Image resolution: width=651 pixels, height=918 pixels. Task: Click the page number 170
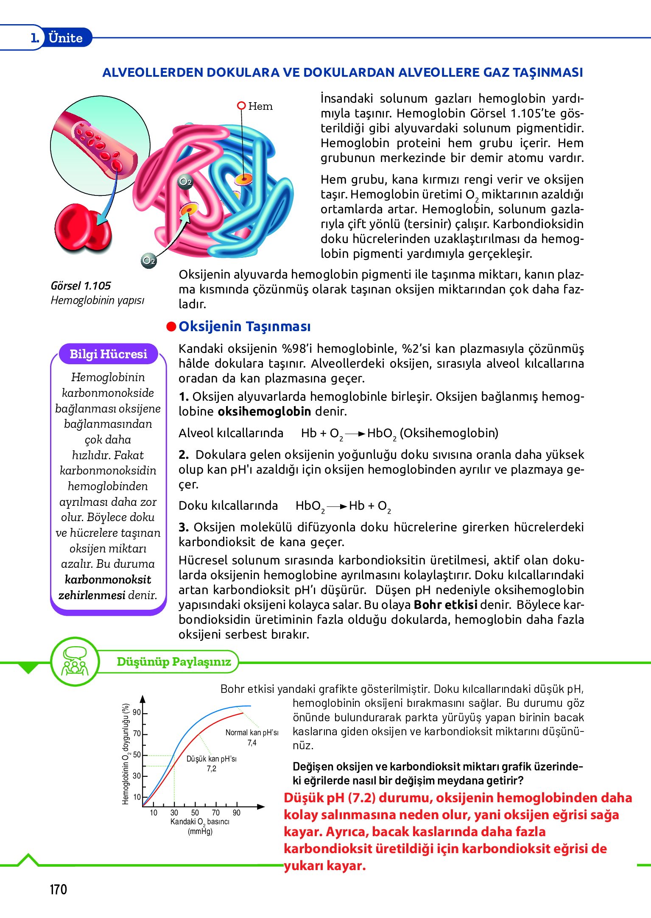click(x=59, y=889)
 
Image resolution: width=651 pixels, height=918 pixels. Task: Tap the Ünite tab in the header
click(x=65, y=38)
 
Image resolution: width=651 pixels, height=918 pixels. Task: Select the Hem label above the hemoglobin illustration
click(x=260, y=106)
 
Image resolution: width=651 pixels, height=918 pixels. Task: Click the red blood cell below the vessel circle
click(x=83, y=229)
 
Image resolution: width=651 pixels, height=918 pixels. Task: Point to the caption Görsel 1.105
click(x=81, y=286)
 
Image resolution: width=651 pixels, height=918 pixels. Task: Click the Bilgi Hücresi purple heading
click(x=108, y=354)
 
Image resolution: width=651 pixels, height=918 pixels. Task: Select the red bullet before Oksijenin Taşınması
click(x=171, y=326)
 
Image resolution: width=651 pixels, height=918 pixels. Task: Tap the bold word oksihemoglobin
click(x=264, y=411)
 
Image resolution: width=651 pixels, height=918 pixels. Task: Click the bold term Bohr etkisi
click(x=445, y=605)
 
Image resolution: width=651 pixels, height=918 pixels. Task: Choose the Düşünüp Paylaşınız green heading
click(x=174, y=661)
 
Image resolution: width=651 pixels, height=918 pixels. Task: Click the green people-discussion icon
click(x=75, y=661)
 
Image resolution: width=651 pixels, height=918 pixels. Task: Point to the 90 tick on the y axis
click(x=137, y=712)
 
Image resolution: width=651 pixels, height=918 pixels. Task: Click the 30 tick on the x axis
click(x=174, y=813)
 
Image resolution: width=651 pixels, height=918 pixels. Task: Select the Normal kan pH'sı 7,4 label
click(x=252, y=737)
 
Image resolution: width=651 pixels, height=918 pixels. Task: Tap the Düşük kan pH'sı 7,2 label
click(x=212, y=763)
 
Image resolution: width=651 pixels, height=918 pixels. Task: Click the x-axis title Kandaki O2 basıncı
click(x=200, y=822)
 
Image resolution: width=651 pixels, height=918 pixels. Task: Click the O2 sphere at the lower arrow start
click(x=149, y=260)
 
